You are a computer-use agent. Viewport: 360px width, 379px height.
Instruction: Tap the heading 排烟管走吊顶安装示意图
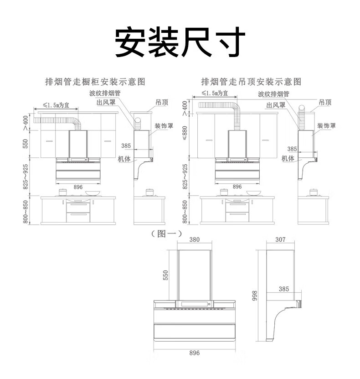click(x=252, y=82)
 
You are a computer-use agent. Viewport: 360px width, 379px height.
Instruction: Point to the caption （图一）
click(x=167, y=234)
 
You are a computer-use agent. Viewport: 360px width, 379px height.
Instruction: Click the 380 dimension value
click(x=194, y=240)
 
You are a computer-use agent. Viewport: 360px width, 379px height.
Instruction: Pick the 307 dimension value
click(x=280, y=240)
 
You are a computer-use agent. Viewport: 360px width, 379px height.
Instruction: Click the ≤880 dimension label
click(x=185, y=133)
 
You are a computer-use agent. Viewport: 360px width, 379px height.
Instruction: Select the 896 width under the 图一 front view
click(x=194, y=353)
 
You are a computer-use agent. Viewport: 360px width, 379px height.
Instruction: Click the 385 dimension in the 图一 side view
click(x=283, y=289)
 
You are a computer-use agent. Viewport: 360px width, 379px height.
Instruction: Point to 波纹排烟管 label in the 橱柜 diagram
click(x=105, y=93)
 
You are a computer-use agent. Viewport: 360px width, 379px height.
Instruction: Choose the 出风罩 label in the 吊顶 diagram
click(x=276, y=105)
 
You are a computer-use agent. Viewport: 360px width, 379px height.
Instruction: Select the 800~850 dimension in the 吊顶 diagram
click(x=185, y=212)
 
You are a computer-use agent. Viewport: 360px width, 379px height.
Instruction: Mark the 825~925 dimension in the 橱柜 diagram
click(x=26, y=177)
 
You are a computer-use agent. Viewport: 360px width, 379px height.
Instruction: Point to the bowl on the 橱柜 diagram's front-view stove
click(x=93, y=192)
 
